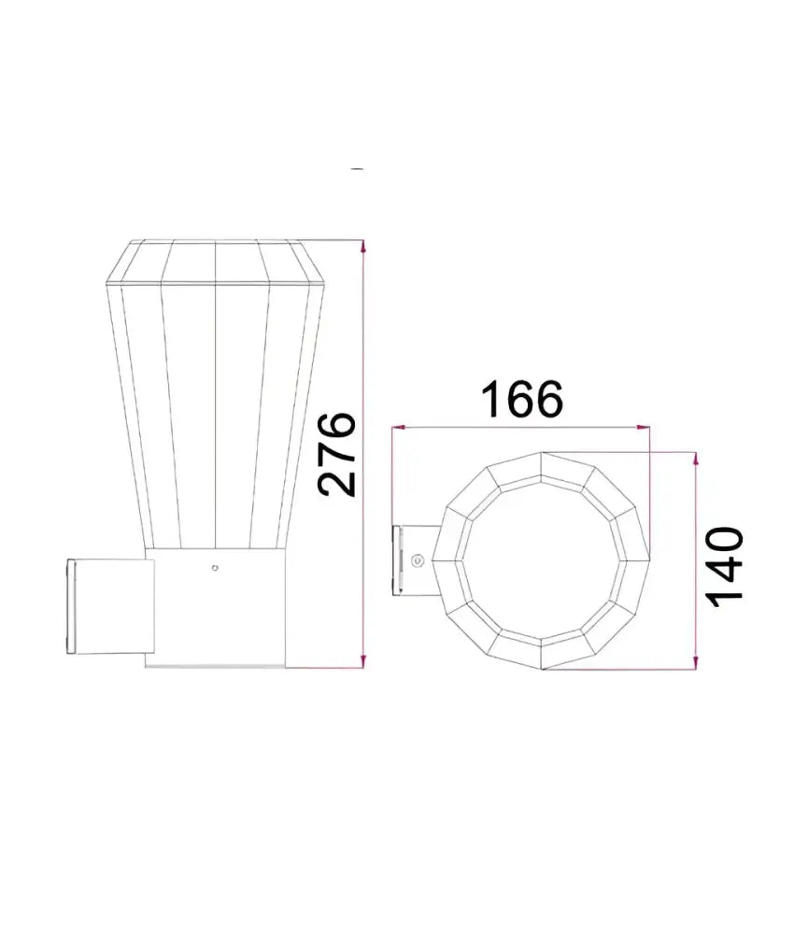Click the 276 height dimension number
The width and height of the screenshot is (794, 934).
[x=337, y=454]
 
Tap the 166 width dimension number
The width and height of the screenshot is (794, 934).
[x=522, y=399]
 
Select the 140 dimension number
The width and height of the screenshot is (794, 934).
[x=725, y=567]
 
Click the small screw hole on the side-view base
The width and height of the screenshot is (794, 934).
[x=215, y=568]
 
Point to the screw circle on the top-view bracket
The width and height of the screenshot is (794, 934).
[x=418, y=559]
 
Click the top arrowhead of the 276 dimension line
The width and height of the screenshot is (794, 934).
[x=363, y=247]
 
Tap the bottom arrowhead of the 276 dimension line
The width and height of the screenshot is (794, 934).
[x=363, y=660]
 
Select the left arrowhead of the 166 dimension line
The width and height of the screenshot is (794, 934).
[x=399, y=427]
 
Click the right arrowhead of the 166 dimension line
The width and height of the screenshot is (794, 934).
[x=644, y=427]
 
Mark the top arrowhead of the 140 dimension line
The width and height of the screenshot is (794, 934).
[x=695, y=460]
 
